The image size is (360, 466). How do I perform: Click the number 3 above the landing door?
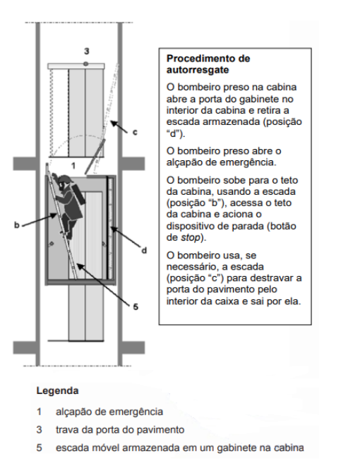[x=86, y=51]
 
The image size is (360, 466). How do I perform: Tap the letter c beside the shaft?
[x=135, y=132]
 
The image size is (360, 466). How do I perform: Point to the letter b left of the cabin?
[x=17, y=225]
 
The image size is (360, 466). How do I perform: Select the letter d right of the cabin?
[x=144, y=251]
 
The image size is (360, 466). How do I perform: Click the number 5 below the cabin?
[x=136, y=306]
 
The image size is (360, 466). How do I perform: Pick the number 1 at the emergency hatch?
[x=73, y=165]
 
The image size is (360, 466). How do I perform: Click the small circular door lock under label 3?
[x=85, y=64]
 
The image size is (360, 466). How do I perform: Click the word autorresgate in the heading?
[x=198, y=70]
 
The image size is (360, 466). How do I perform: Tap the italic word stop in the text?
[x=191, y=237]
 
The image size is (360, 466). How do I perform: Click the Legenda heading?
[x=57, y=390]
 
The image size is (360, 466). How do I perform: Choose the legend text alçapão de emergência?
[x=109, y=412]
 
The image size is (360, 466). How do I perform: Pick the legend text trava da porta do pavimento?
[x=120, y=430]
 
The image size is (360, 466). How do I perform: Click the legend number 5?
[x=40, y=448]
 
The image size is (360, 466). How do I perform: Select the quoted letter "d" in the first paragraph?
[x=174, y=133]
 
